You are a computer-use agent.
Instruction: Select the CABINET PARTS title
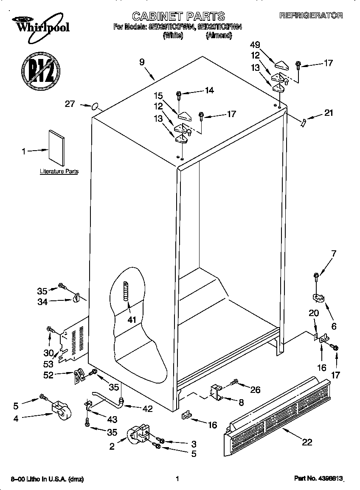pyautogui.click(x=178, y=17)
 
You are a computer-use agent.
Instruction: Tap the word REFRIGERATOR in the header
pyautogui.click(x=311, y=15)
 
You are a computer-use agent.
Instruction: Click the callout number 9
pyautogui.click(x=141, y=62)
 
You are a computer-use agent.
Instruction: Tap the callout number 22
pyautogui.click(x=307, y=442)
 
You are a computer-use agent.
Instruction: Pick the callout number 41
pyautogui.click(x=132, y=319)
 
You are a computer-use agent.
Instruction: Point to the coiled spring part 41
pyautogui.click(x=126, y=291)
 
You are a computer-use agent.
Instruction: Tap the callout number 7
pyautogui.click(x=334, y=254)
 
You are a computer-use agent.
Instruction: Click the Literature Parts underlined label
pyautogui.click(x=59, y=171)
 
